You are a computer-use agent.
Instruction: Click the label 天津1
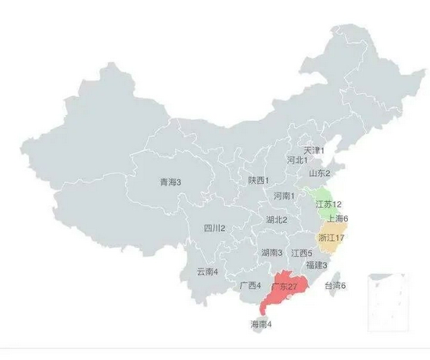314,149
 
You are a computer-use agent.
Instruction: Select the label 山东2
319,173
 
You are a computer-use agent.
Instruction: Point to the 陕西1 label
259,180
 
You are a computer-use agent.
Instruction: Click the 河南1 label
283,196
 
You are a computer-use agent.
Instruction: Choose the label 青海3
170,182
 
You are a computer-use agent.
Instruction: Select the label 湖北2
276,220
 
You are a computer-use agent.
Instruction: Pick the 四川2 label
214,229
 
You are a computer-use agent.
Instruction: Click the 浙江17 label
332,237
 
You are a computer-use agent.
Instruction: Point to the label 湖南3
272,253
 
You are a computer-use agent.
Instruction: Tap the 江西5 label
302,253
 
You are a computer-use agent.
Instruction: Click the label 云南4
207,272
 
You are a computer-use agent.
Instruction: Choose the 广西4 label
250,286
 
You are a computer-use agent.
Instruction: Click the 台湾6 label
335,286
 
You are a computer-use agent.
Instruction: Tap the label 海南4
261,324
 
